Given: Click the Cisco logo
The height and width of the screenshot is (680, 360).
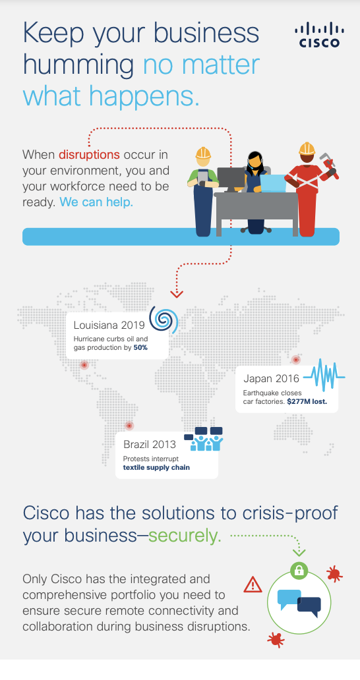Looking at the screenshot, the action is pos(320,35).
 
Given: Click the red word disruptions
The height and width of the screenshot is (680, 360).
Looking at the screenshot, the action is pos(89,154).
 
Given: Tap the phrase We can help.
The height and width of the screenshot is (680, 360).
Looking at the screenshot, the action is pos(96,202).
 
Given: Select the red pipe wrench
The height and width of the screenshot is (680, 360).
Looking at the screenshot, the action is pos(329,165).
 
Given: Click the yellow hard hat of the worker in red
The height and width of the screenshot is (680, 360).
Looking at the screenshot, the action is pos(307,149).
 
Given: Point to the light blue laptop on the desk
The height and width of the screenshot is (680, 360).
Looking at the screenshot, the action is pos(273,183).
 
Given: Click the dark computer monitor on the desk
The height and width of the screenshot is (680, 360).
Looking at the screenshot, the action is pos(231,179).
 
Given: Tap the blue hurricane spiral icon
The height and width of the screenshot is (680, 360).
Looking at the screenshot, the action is pos(164,320).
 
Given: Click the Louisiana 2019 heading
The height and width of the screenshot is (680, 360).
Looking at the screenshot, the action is pos(109,326).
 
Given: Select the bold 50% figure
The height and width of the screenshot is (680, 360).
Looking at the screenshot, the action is pos(140,348).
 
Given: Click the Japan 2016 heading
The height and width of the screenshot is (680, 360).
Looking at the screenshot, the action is pos(272,379).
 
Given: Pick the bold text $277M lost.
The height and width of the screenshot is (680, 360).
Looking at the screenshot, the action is pos(307,401).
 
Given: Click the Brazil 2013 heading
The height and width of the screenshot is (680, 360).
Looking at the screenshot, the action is pos(150,445).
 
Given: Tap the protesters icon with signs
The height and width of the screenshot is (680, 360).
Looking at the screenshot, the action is pos(204,439).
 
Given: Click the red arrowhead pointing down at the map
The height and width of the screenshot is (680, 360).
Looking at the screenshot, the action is pos(177,294).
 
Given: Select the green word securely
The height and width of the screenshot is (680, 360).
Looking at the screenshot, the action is pos(185,536).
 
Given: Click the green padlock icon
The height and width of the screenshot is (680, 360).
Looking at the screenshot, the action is pos(299,571).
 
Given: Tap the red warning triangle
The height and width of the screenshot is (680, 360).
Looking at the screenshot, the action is pos(253,585).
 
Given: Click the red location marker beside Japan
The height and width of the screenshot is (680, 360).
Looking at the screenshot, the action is pos(296,360).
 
